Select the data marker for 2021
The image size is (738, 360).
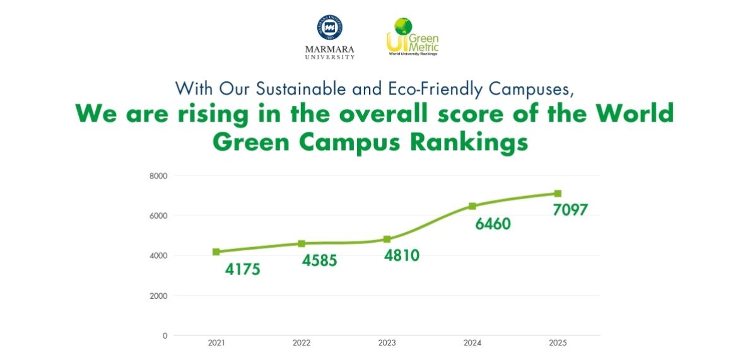[216, 252]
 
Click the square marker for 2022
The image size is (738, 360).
[302, 243]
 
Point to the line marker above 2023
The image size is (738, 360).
[387, 239]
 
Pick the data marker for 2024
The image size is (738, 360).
[472, 206]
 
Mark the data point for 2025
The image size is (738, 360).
[558, 194]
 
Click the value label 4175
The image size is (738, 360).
[243, 270]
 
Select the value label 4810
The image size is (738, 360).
[401, 256]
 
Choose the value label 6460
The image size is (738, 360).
[489, 224]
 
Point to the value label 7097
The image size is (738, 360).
[570, 210]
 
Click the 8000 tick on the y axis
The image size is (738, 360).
[158, 176]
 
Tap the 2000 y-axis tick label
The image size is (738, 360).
[158, 296]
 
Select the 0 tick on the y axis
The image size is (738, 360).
[165, 335]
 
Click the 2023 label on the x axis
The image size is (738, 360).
[387, 344]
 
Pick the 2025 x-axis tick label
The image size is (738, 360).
[558, 344]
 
